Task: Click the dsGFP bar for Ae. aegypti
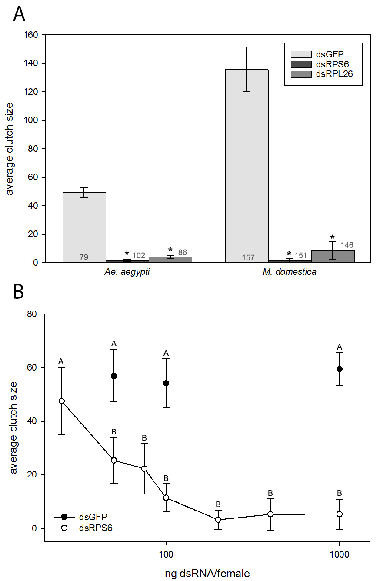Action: pos(84,226)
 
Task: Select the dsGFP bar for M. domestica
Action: pos(247,165)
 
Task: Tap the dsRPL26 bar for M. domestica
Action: pos(333,257)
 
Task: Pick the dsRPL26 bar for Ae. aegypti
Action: pos(170,260)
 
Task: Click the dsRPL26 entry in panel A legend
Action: pos(322,74)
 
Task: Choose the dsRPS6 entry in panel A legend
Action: pos(322,64)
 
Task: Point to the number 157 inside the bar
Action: pos(248,258)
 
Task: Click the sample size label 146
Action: pos(347,245)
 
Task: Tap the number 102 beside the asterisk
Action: pos(139,256)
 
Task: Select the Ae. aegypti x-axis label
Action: pos(127,272)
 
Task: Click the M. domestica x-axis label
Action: pos(290,272)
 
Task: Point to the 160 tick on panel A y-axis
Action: pos(32,35)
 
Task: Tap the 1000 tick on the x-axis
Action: pos(339,554)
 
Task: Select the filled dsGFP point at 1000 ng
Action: pos(340,369)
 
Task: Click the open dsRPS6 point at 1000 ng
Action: pos(340,514)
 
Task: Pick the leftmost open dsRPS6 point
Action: pos(62,401)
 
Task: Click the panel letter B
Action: pos(19,292)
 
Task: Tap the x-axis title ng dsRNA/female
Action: pos(207,574)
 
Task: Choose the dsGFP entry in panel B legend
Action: pos(93,517)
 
